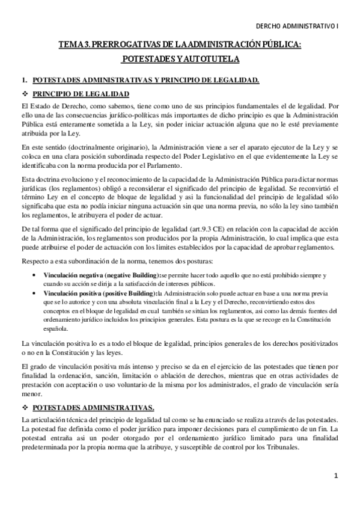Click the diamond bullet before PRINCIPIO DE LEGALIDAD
pyautogui.click(x=25, y=94)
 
